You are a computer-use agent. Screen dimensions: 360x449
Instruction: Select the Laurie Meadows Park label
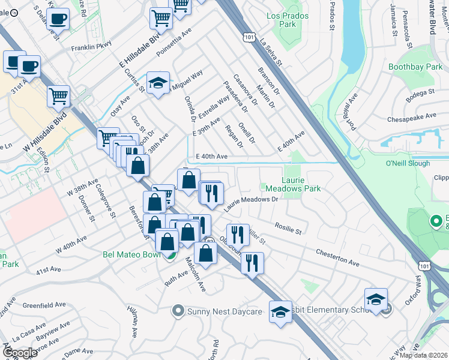pyautogui.click(x=301, y=184)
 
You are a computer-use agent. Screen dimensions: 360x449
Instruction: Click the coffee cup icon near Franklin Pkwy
pyautogui.click(x=58, y=19)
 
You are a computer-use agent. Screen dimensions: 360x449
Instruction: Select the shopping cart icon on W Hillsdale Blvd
pyautogui.click(x=58, y=96)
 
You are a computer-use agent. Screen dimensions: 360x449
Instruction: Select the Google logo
pyautogui.click(x=20, y=352)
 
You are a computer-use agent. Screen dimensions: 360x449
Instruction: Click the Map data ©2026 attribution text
pyautogui.click(x=424, y=355)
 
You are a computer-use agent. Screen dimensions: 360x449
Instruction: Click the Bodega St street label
pyautogui.click(x=418, y=93)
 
